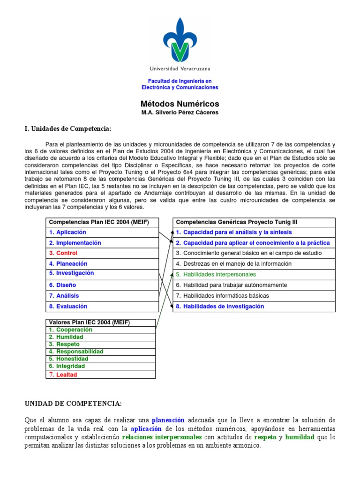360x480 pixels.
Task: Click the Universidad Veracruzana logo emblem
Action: click(180, 40)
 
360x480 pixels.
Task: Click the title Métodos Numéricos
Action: click(180, 104)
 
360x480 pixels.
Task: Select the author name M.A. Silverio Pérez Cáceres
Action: click(180, 113)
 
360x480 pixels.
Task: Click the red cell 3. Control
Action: click(63, 253)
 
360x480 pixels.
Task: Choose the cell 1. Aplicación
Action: click(67, 232)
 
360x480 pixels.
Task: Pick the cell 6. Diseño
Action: click(62, 285)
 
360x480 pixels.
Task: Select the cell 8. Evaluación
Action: click(68, 306)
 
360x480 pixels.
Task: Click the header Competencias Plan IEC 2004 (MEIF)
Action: click(99, 222)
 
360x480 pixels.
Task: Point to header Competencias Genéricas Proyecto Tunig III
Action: click(236, 222)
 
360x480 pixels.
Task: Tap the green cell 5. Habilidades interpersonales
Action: click(216, 274)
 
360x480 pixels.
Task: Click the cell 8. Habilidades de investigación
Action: click(220, 306)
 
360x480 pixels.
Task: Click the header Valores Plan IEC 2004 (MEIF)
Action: click(90, 322)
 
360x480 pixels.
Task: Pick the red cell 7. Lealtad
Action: click(63, 375)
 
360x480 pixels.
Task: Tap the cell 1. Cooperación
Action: click(71, 330)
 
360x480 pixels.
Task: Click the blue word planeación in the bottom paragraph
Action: click(168, 420)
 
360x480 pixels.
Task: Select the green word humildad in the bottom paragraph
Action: click(300, 437)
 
